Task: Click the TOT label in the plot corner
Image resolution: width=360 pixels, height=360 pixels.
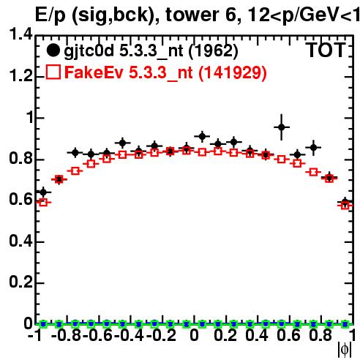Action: [326, 50]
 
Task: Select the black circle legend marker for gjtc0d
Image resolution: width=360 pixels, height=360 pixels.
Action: [53, 50]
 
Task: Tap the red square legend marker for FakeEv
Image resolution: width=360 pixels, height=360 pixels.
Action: [53, 72]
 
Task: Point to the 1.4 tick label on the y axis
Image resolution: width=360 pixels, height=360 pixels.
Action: [20, 34]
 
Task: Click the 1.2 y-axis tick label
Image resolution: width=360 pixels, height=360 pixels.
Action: [20, 76]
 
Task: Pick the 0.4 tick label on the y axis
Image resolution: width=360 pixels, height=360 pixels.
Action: [20, 241]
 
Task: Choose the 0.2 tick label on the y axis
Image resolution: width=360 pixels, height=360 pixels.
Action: [20, 282]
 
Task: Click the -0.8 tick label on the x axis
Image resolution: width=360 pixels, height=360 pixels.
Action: [66, 336]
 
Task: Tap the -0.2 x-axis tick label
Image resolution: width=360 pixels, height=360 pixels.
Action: [161, 336]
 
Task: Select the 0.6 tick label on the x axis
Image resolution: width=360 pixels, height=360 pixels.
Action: [288, 336]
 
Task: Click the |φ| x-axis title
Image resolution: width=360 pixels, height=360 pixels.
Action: [345, 350]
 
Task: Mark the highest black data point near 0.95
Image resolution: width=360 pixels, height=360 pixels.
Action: [282, 127]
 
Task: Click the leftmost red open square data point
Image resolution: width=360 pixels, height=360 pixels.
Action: [43, 202]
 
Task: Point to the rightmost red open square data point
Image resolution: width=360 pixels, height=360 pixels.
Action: [345, 206]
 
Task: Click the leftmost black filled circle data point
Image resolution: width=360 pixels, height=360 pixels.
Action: [43, 192]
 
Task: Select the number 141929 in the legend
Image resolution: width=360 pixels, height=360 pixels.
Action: [232, 72]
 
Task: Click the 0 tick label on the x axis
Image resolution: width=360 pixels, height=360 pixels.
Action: [194, 336]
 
